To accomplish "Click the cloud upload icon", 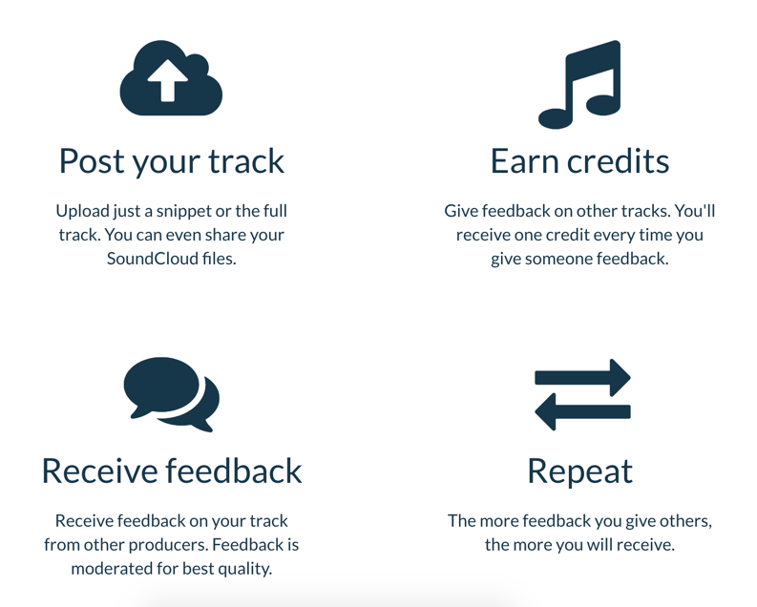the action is coord(171,78).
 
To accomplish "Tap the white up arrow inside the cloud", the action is coord(167,80).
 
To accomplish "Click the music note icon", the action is coord(579,85).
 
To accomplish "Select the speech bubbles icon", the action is coord(172,394).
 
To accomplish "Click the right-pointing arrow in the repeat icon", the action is coord(582,377).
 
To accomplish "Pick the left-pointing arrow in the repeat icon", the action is coord(582,411).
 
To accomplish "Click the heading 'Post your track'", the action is coord(172,161).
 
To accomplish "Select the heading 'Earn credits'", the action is coord(579,161).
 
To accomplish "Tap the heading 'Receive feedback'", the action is coord(172,471).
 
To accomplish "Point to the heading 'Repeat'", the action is coord(579,472).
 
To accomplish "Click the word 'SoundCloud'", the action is coord(153,259).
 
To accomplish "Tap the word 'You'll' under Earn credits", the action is coord(695,211).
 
